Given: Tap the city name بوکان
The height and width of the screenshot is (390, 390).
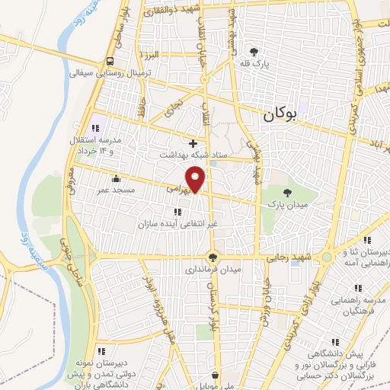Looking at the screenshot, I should (x=279, y=116).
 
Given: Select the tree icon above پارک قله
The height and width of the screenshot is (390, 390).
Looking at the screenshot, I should (x=254, y=52).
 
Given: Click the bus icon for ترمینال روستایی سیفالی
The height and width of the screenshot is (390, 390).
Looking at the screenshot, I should (x=111, y=61).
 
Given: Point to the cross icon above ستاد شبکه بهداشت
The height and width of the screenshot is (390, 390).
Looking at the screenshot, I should (x=193, y=142).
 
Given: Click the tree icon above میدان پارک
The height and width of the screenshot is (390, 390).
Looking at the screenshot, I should (x=287, y=193).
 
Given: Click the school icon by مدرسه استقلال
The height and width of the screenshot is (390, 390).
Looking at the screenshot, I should (x=95, y=128).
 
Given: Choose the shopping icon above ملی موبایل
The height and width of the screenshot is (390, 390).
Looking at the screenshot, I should (x=216, y=375).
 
